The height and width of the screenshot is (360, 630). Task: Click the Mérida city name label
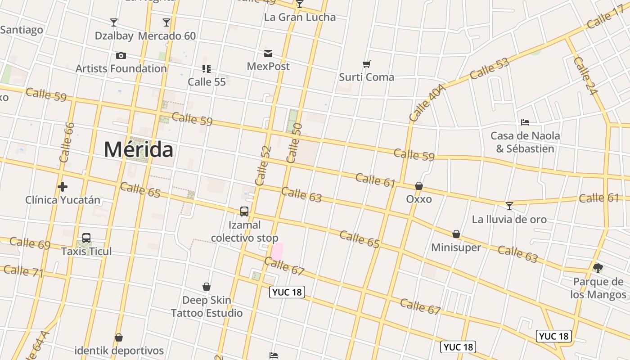[x=138, y=149]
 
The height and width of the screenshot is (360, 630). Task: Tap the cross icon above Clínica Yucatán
[x=63, y=186]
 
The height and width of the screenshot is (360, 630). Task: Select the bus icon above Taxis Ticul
[x=86, y=238]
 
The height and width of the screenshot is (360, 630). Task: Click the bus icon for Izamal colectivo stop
[x=244, y=211]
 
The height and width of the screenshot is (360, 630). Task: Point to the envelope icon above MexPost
[x=268, y=54]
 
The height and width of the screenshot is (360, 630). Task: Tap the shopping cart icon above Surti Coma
[x=367, y=64]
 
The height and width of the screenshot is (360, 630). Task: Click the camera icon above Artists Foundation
[x=121, y=56]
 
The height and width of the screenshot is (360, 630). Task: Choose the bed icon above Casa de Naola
[x=525, y=122]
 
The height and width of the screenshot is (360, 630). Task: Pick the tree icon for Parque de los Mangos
[x=598, y=269]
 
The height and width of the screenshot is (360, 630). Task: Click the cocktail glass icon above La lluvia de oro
[x=509, y=206]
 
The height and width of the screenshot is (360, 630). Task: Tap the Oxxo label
[x=419, y=199]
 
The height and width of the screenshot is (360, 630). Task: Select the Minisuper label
[x=456, y=247]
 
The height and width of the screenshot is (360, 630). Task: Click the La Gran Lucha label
[x=300, y=17]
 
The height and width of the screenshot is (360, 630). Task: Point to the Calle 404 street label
[x=427, y=103]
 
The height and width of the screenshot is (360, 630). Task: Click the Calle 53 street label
[x=489, y=68]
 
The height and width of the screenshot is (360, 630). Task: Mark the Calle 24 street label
[x=585, y=76]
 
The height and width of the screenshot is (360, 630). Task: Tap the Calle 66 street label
[x=66, y=142]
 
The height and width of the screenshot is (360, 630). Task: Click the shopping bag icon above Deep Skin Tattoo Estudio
[x=207, y=287]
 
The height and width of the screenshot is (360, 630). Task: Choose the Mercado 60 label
[x=167, y=36]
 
